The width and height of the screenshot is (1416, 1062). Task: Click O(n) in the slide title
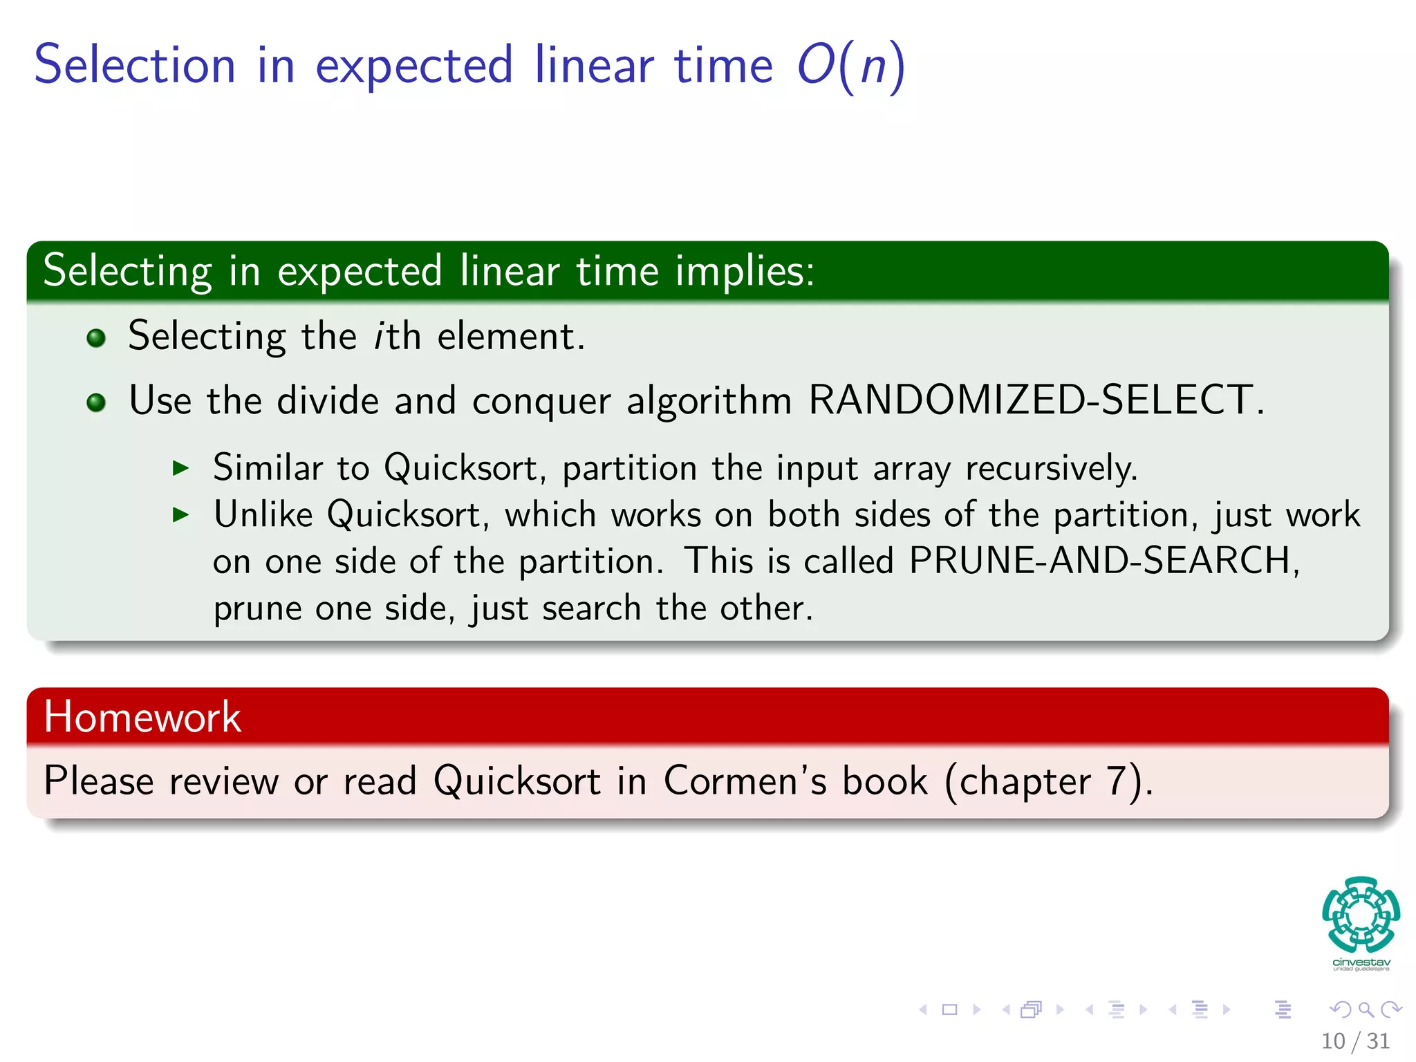point(850,66)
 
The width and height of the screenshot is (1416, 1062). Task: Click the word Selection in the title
point(136,65)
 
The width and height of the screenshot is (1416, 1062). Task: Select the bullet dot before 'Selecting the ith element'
point(96,338)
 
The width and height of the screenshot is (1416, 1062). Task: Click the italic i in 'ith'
point(379,337)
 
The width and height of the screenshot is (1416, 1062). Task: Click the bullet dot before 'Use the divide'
point(96,402)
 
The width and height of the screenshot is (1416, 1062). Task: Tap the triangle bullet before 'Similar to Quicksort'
point(180,468)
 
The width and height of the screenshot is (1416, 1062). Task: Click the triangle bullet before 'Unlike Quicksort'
point(180,514)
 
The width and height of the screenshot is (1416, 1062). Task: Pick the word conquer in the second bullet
point(541,402)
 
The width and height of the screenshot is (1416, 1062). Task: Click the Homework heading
point(142,716)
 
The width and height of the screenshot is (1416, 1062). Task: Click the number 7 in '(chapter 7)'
point(1117,781)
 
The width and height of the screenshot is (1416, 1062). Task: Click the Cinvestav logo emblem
point(1361,915)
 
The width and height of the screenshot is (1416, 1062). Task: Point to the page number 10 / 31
point(1355,1041)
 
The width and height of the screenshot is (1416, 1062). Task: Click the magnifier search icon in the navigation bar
point(1366,1009)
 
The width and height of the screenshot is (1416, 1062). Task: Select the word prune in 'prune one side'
point(257,609)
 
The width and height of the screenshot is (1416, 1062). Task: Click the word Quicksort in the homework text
point(517,781)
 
